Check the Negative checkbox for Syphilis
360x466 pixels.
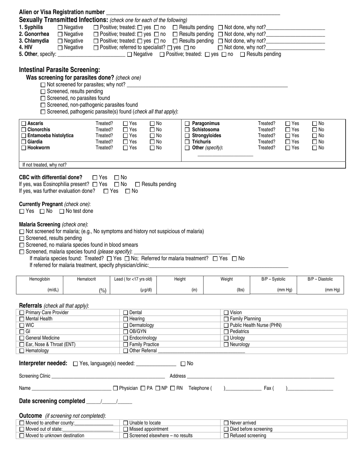click(x=60, y=28)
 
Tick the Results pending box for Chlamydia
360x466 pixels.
click(x=175, y=41)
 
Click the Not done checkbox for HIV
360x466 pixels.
click(x=221, y=48)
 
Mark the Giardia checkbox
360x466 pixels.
click(x=23, y=142)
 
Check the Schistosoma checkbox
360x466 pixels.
click(x=187, y=130)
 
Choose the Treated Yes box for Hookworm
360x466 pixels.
click(x=125, y=148)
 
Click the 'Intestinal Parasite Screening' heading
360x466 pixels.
click(x=59, y=70)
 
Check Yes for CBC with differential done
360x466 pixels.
click(x=95, y=178)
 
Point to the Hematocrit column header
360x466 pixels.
click(x=86, y=279)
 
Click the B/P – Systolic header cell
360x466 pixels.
click(x=273, y=279)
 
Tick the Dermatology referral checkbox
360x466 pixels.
click(x=126, y=325)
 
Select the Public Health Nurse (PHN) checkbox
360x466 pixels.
click(x=226, y=325)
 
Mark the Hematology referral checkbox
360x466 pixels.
click(x=22, y=351)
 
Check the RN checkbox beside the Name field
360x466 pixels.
click(x=172, y=388)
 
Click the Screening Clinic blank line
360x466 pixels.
click(x=108, y=376)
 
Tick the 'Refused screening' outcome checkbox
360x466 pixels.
click(x=226, y=436)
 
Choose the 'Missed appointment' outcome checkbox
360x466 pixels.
click(x=126, y=430)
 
